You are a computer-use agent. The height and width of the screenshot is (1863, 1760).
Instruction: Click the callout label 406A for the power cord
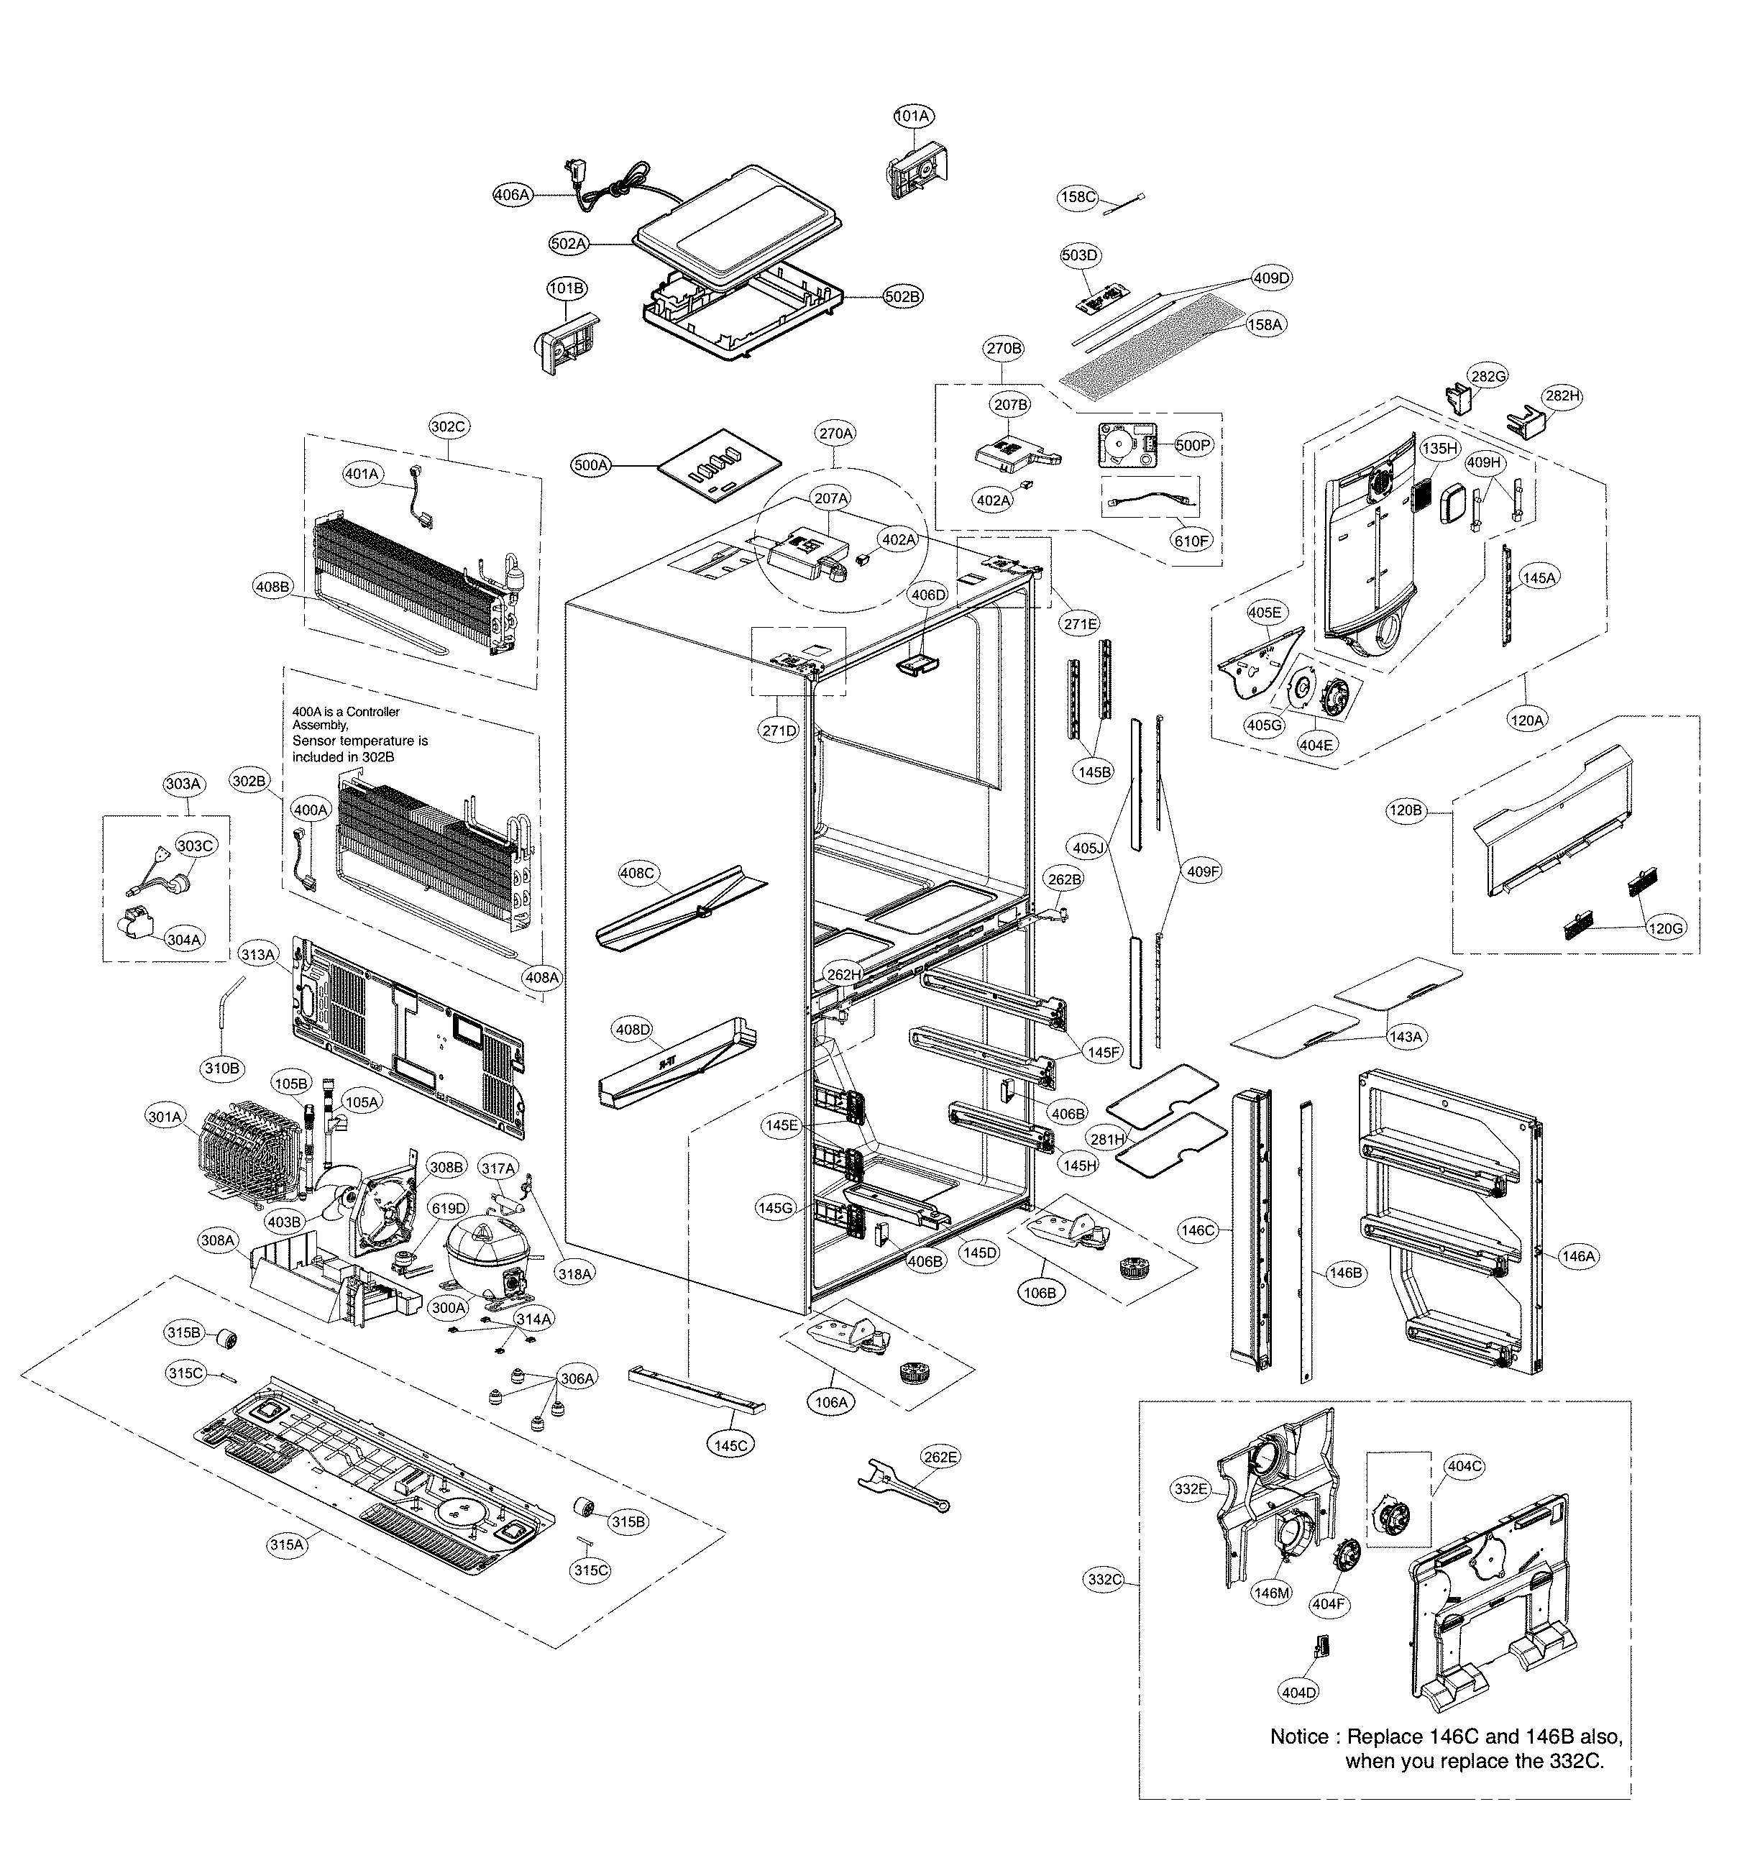pyautogui.click(x=512, y=195)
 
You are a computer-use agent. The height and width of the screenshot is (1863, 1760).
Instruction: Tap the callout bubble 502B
pyautogui.click(x=902, y=296)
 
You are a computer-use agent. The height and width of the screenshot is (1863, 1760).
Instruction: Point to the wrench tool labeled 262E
pyautogui.click(x=902, y=1487)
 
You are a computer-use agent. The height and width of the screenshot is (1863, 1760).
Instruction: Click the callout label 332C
pyautogui.click(x=1105, y=1580)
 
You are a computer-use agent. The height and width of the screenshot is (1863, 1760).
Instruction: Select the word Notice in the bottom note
pyautogui.click(x=1299, y=1736)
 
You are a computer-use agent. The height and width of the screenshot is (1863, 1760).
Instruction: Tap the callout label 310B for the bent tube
pyautogui.click(x=222, y=1068)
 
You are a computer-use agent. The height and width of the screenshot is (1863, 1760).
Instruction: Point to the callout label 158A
pyautogui.click(x=1264, y=324)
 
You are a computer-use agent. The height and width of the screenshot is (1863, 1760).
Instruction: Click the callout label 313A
pyautogui.click(x=258, y=955)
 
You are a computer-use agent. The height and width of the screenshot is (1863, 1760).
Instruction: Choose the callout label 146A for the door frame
pyautogui.click(x=1577, y=1256)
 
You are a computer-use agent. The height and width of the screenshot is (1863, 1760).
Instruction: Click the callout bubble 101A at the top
pyautogui.click(x=911, y=116)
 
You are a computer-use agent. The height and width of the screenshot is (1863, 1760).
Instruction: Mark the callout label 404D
pyautogui.click(x=1298, y=1693)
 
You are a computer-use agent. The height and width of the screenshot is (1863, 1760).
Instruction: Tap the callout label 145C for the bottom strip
pyautogui.click(x=730, y=1445)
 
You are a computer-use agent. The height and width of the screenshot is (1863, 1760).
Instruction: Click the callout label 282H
pyautogui.click(x=1562, y=396)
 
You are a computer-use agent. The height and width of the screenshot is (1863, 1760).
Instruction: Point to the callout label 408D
pyautogui.click(x=633, y=1030)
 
